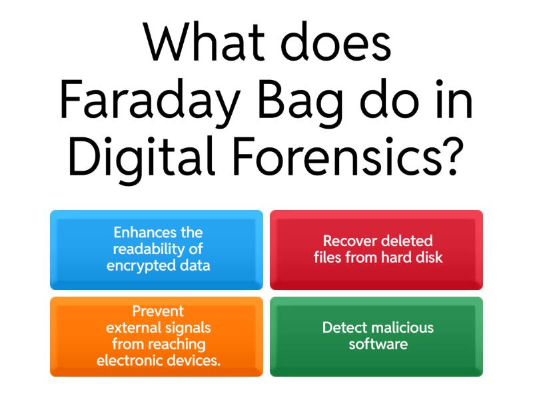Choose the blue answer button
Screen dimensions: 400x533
click(x=157, y=249)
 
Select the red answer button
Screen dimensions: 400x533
click(x=376, y=249)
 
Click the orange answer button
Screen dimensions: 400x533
click(x=157, y=336)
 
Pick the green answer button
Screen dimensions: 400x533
click(x=376, y=336)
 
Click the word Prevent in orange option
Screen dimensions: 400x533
click(x=158, y=311)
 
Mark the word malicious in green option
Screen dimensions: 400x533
click(x=404, y=328)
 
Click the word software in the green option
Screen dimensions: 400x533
click(x=378, y=345)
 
